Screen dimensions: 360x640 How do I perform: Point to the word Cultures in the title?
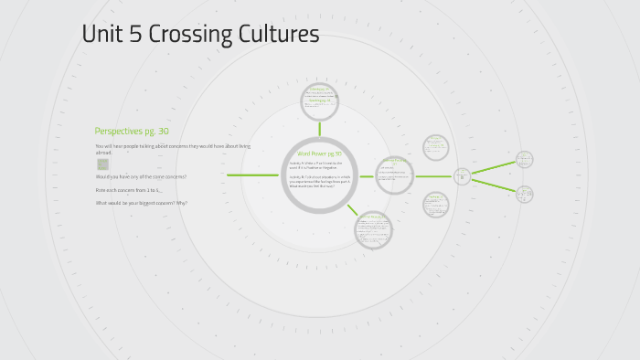276,35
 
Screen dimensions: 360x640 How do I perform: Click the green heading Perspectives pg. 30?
132,131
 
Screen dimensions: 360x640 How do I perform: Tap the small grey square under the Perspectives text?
103,164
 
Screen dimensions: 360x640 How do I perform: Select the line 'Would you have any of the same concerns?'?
141,176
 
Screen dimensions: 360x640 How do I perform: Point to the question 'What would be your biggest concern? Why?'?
142,203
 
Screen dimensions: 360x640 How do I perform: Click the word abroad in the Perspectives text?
103,153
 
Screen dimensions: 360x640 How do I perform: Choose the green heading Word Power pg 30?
319,154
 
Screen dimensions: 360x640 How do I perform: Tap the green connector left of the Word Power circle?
252,175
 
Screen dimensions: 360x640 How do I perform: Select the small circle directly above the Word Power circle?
320,101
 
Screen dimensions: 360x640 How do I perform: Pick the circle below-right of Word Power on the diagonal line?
372,229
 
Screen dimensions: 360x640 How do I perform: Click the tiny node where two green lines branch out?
462,175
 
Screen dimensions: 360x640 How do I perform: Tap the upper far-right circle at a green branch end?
524,159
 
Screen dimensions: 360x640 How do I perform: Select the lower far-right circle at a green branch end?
524,194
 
